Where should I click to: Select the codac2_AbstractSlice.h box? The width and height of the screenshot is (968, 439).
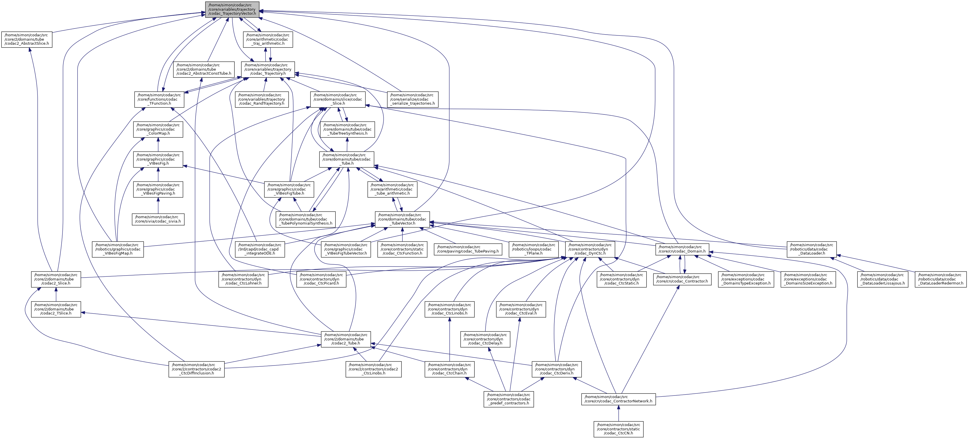pos(27,39)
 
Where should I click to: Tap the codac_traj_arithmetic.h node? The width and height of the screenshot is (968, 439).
pos(268,39)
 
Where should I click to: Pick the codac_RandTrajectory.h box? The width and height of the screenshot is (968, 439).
pos(262,99)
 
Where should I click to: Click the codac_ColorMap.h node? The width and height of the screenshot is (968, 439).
pos(158,129)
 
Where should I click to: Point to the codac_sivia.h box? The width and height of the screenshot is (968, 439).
pos(158,219)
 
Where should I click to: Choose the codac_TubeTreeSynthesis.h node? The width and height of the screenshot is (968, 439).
pos(348,129)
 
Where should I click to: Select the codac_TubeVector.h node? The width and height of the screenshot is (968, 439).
pos(402,219)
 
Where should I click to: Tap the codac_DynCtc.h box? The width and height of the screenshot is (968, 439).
pos(590,249)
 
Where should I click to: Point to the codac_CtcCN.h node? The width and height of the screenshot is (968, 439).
pos(619,429)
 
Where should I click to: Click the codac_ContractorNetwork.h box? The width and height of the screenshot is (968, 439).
pos(619,399)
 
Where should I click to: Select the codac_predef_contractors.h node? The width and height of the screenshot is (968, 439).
pos(509,399)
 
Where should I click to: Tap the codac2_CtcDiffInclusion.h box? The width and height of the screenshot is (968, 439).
pos(196,369)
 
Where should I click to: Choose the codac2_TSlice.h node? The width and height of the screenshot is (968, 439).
pos(56,309)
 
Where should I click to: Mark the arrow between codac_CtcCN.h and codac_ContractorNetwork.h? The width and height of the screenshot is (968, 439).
pos(619,413)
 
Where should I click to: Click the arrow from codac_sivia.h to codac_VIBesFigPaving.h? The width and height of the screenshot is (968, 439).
pos(158,206)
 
